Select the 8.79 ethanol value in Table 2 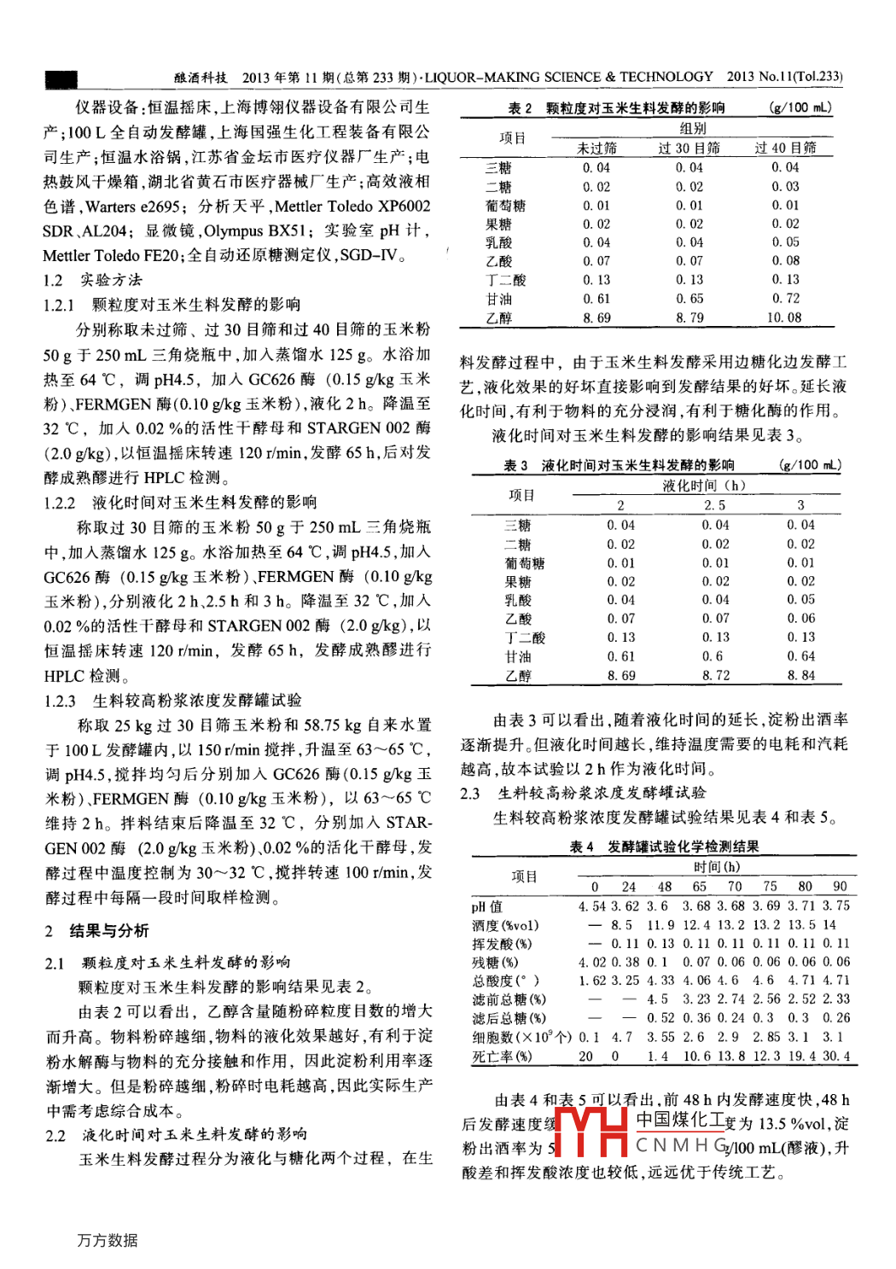(x=689, y=317)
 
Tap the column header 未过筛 (x=596, y=148)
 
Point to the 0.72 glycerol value (x=785, y=299)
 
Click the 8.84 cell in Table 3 (x=800, y=676)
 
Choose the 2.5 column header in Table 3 (x=715, y=505)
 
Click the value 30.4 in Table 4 (x=835, y=1057)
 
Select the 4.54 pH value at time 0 (x=592, y=906)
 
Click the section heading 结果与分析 (x=108, y=931)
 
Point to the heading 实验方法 (x=111, y=280)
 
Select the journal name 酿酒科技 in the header (x=201, y=78)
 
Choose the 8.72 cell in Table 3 (x=715, y=676)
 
